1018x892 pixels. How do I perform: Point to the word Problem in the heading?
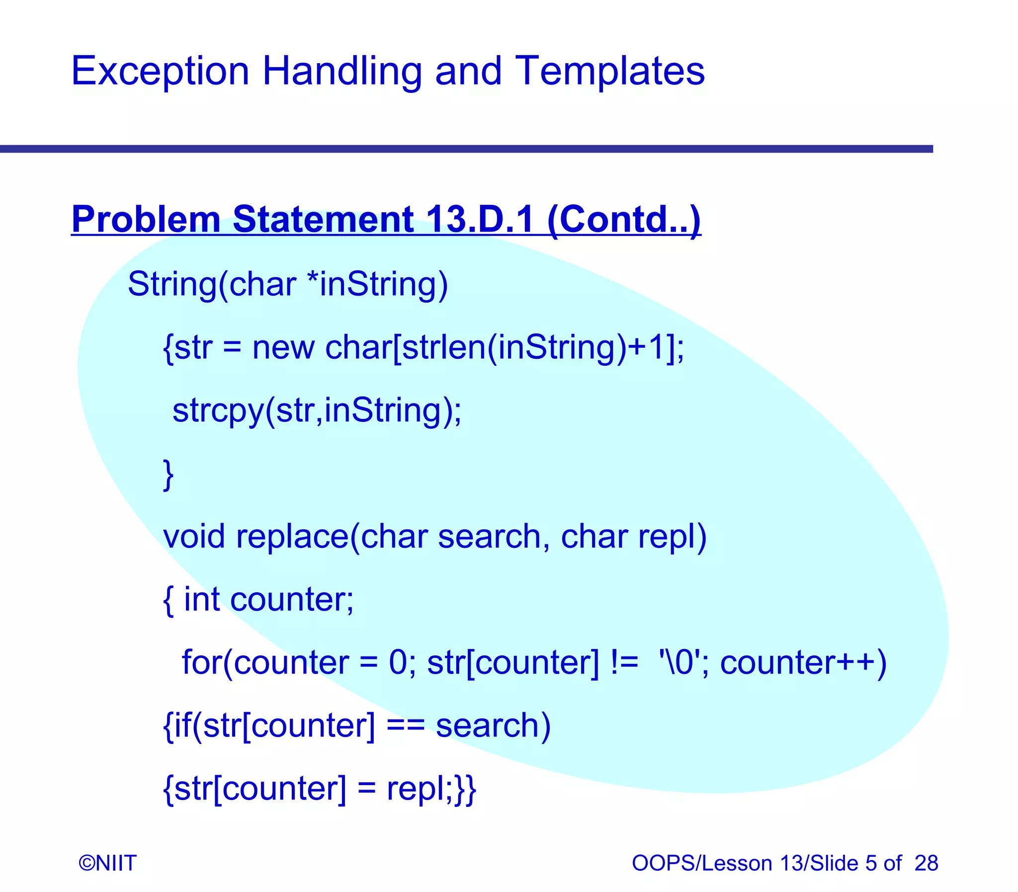pyautogui.click(x=145, y=219)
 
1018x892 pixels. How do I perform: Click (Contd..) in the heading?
pyautogui.click(x=624, y=219)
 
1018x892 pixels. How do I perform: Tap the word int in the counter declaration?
pyautogui.click(x=202, y=599)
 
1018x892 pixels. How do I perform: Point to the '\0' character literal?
pyautogui.click(x=680, y=662)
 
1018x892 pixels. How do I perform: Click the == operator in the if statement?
pyautogui.click(x=405, y=725)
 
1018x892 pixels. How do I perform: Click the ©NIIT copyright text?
pyautogui.click(x=107, y=863)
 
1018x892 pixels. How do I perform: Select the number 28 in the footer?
pyautogui.click(x=926, y=863)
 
